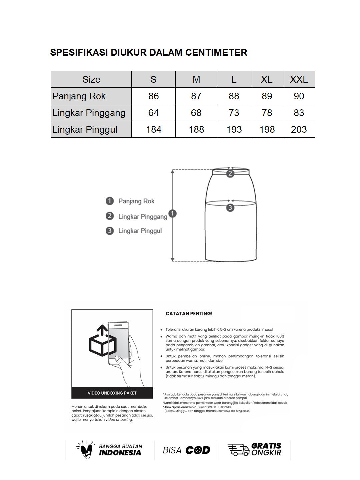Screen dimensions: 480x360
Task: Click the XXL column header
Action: click(299, 79)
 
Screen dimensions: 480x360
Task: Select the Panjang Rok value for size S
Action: click(153, 96)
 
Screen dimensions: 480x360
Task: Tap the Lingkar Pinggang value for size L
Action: click(234, 113)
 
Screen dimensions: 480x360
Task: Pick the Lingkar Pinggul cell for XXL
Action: click(299, 129)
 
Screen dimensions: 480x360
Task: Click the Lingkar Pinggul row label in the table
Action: click(85, 129)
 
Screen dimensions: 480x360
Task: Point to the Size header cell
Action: click(91, 79)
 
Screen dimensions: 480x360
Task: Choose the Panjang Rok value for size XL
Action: click(267, 96)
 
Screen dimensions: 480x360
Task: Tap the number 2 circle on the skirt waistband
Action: click(230, 173)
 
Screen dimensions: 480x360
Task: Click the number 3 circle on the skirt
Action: click(230, 208)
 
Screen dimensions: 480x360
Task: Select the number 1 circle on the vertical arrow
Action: click(172, 213)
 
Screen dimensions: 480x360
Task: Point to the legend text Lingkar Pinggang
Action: click(143, 217)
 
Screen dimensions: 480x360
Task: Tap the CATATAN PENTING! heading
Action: click(189, 314)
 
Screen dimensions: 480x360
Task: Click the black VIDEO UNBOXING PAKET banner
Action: click(112, 393)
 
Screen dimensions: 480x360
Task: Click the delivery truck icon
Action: click(238, 450)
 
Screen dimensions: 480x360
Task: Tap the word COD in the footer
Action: click(198, 450)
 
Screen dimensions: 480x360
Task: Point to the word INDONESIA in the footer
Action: click(120, 453)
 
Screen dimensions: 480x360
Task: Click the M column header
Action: click(196, 79)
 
